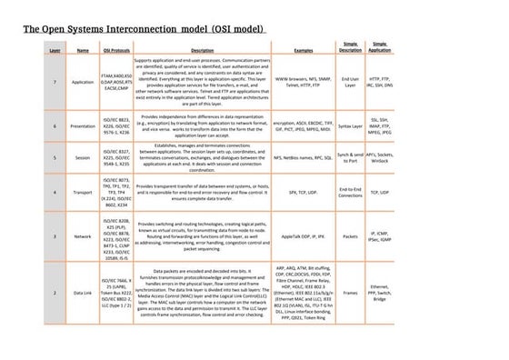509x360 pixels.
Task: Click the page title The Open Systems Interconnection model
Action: click(x=145, y=30)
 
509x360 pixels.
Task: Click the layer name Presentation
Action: click(x=83, y=126)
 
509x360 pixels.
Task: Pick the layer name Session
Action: click(x=83, y=157)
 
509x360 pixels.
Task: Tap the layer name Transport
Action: click(x=83, y=193)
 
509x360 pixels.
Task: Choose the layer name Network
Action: click(x=83, y=235)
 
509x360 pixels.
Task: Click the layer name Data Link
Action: click(x=83, y=294)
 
